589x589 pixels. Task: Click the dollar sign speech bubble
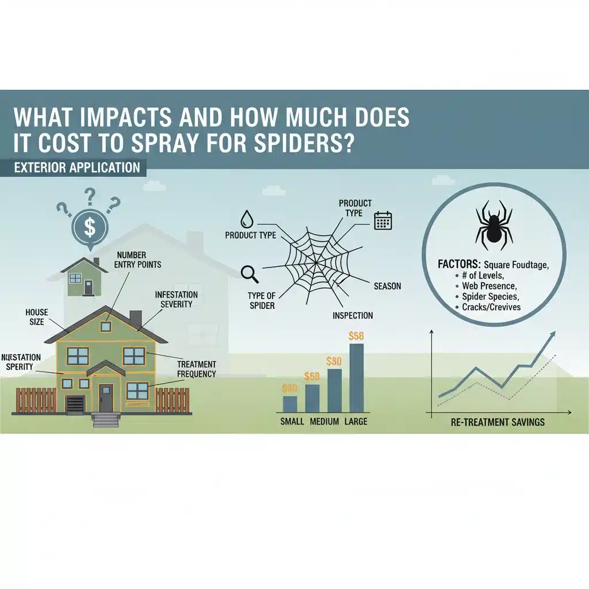(90, 227)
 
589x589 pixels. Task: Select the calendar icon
(383, 221)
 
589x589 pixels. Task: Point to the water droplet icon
(247, 218)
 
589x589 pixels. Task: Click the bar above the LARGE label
(356, 378)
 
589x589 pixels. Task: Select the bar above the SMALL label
(290, 404)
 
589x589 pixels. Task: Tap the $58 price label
(357, 335)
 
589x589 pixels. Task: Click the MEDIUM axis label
(324, 422)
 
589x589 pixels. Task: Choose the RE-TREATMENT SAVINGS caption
(498, 422)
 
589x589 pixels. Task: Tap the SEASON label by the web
(387, 286)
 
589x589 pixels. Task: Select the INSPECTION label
(353, 315)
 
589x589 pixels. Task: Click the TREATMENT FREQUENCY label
(197, 369)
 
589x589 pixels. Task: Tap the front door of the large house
(106, 398)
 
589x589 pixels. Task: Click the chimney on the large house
(136, 318)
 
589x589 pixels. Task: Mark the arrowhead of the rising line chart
(553, 334)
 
